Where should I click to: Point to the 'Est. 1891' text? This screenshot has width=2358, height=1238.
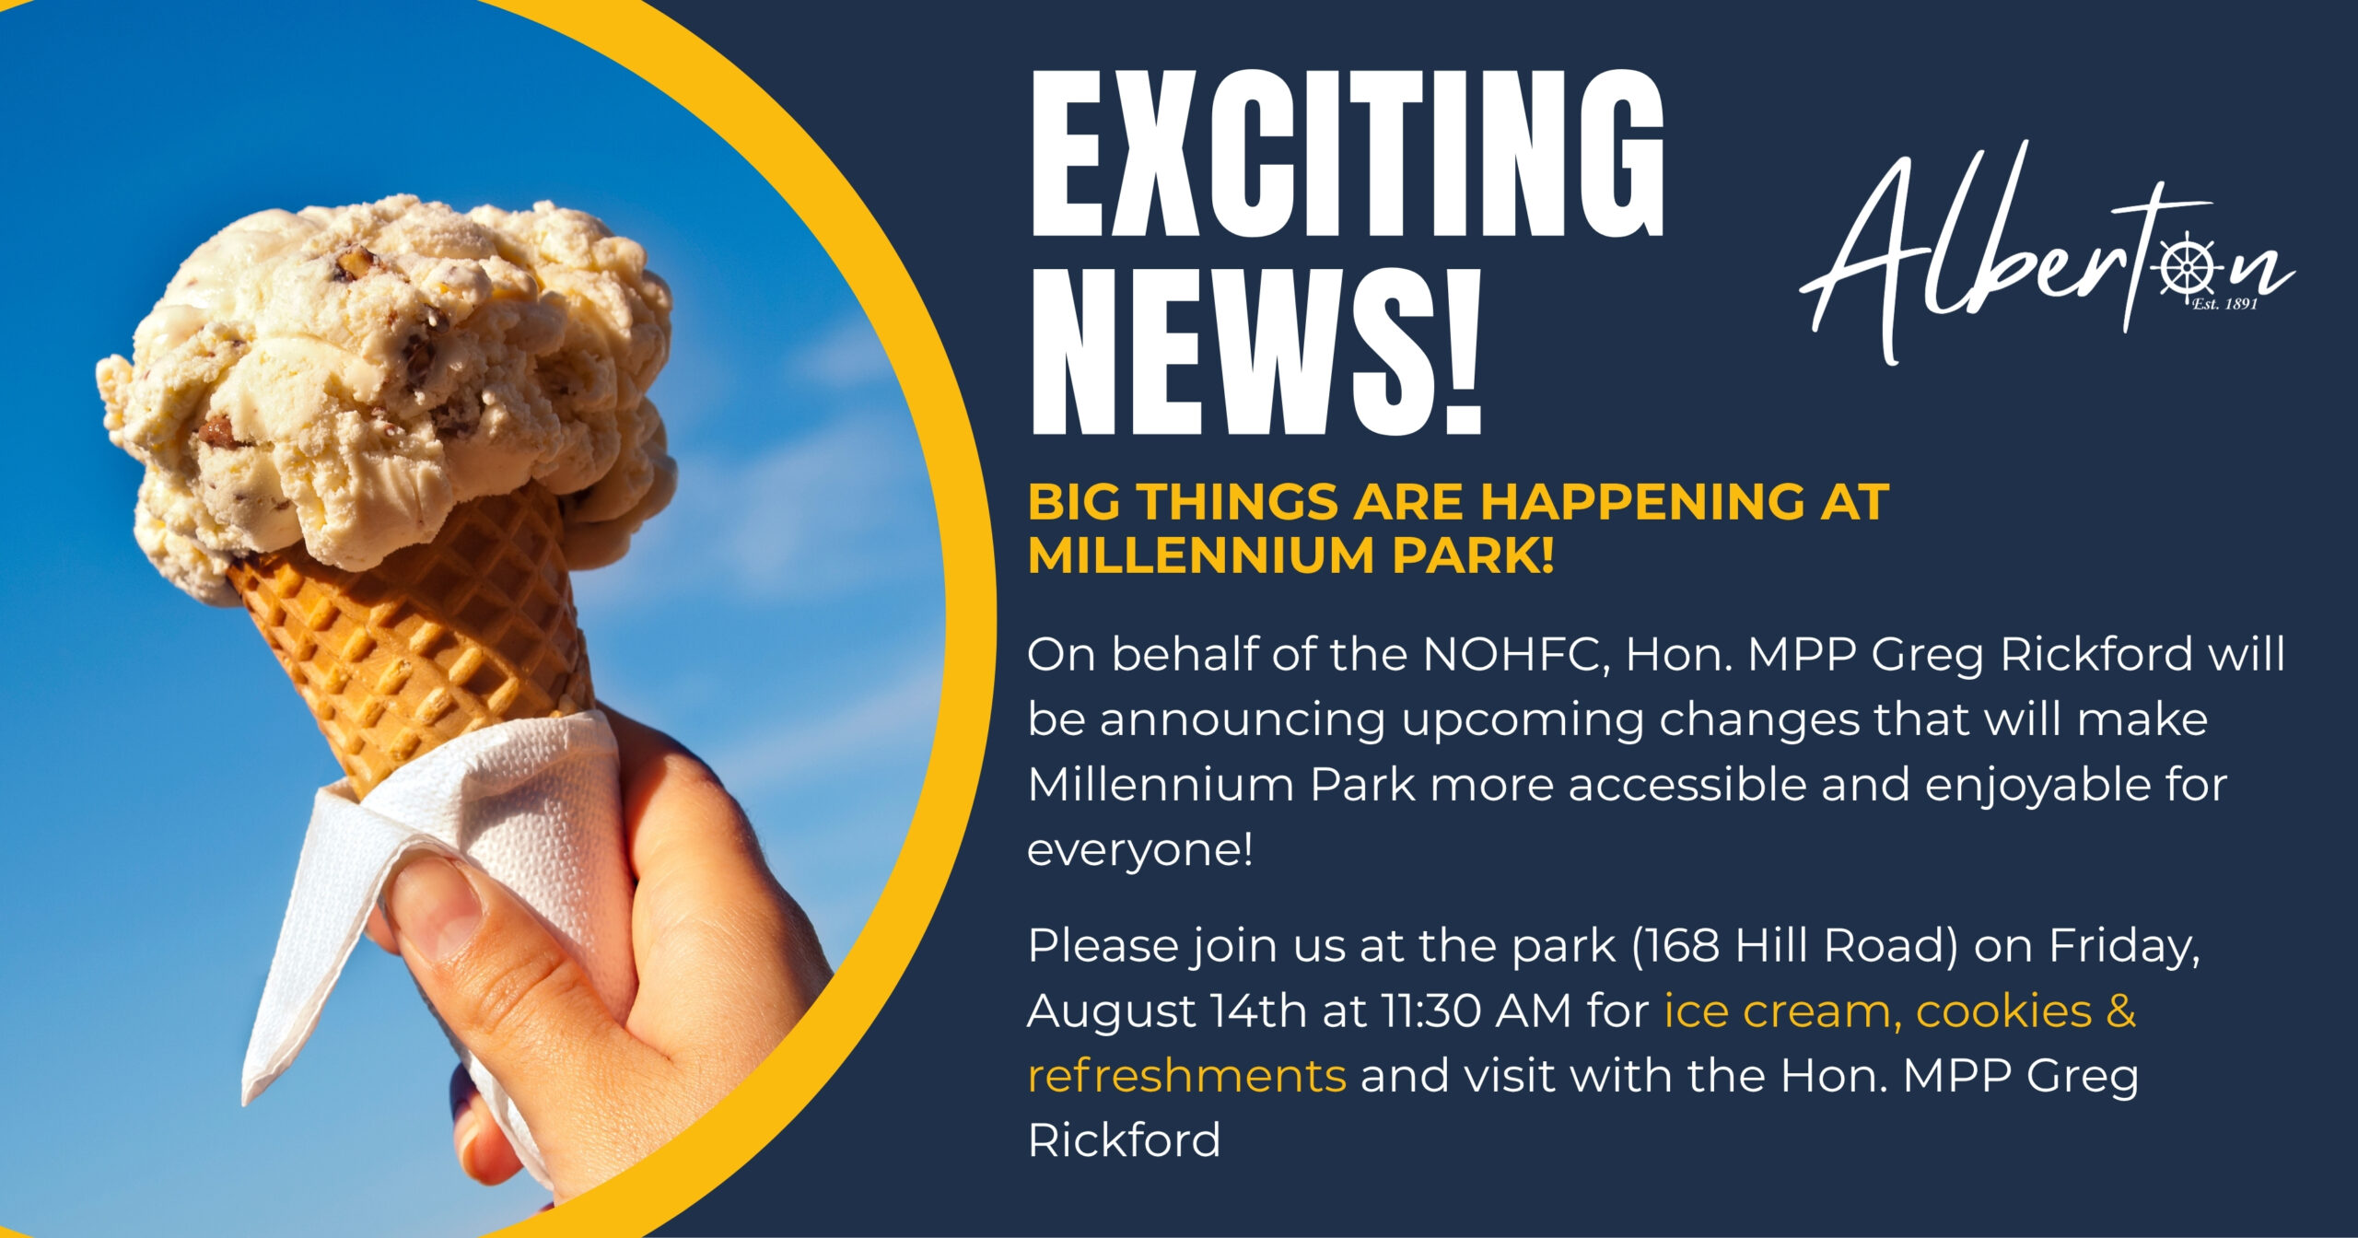(2224, 304)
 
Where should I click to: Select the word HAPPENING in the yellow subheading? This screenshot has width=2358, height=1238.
(1640, 503)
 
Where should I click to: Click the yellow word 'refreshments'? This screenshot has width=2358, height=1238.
(1186, 1076)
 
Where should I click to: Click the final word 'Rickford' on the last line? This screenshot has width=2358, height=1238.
(1124, 1140)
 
